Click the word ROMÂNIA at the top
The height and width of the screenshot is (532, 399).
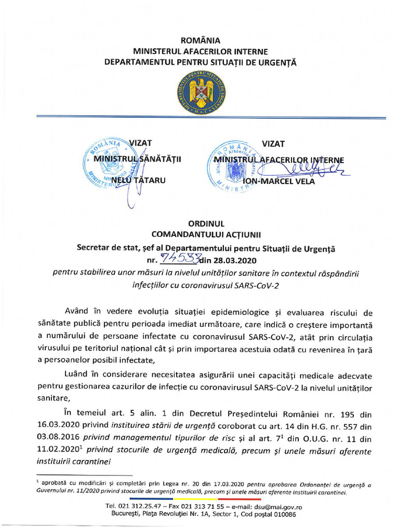coord(200,41)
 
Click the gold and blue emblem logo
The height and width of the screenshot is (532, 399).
coord(200,93)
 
